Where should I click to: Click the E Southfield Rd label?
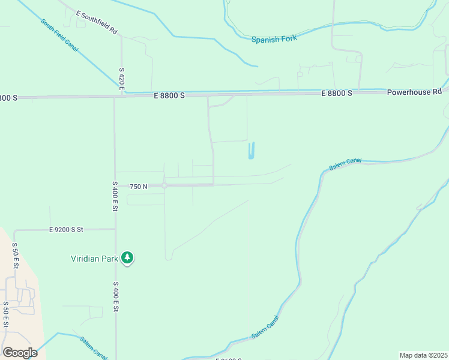point(96,21)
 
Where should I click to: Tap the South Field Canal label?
point(59,35)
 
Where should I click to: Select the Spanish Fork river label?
point(274,40)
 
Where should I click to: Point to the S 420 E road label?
point(121,79)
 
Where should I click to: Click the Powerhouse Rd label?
point(414,92)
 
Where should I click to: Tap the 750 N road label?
point(138,187)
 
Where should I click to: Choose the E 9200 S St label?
point(74,229)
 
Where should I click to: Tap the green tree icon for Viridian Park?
point(127,258)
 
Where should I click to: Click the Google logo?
point(20,353)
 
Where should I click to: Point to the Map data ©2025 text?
point(423,355)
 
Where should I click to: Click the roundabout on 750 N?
point(164,186)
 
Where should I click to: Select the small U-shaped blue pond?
point(252,151)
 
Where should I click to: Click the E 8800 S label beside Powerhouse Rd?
point(337,94)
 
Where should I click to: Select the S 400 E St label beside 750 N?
point(115,196)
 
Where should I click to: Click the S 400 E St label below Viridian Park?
point(115,298)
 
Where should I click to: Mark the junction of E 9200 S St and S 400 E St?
point(115,229)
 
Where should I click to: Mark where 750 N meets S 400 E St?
point(115,186)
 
